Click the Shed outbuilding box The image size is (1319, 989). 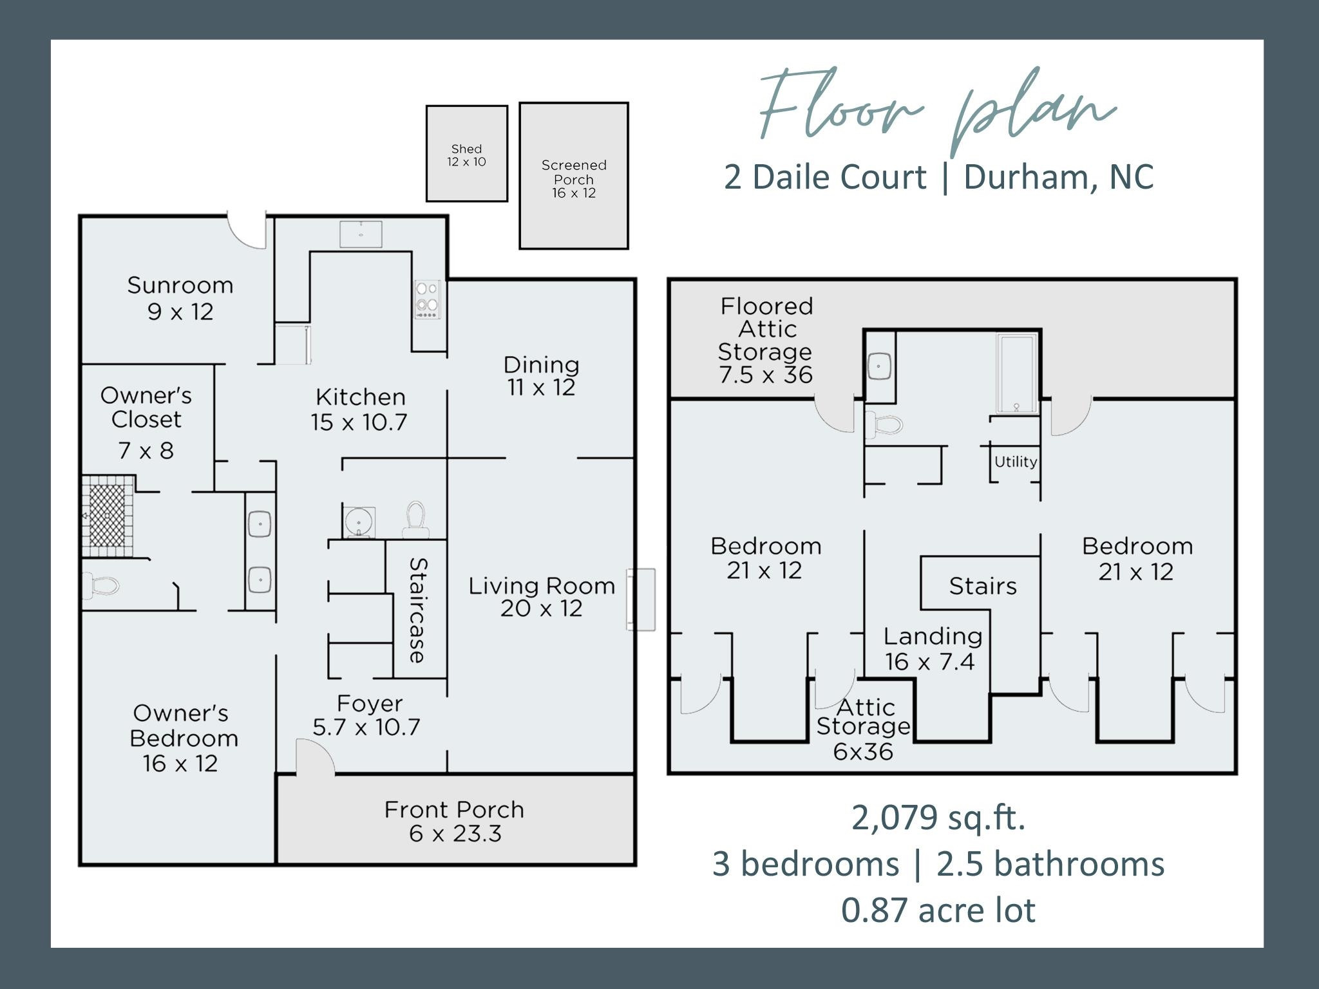tap(466, 154)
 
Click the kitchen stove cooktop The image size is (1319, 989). tap(428, 299)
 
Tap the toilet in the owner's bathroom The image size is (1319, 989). tap(102, 586)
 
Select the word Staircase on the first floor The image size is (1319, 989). tap(418, 610)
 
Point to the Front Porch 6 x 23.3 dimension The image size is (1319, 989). tap(455, 834)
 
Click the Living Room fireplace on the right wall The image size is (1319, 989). tap(641, 599)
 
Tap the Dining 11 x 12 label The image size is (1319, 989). tap(541, 376)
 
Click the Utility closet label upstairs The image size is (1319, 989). tap(1016, 462)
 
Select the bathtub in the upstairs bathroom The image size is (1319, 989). tap(1016, 373)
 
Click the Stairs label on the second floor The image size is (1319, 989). tap(983, 586)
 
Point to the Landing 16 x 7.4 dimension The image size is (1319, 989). tap(929, 662)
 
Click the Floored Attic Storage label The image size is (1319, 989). tap(766, 340)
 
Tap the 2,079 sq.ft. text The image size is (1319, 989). tap(938, 818)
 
